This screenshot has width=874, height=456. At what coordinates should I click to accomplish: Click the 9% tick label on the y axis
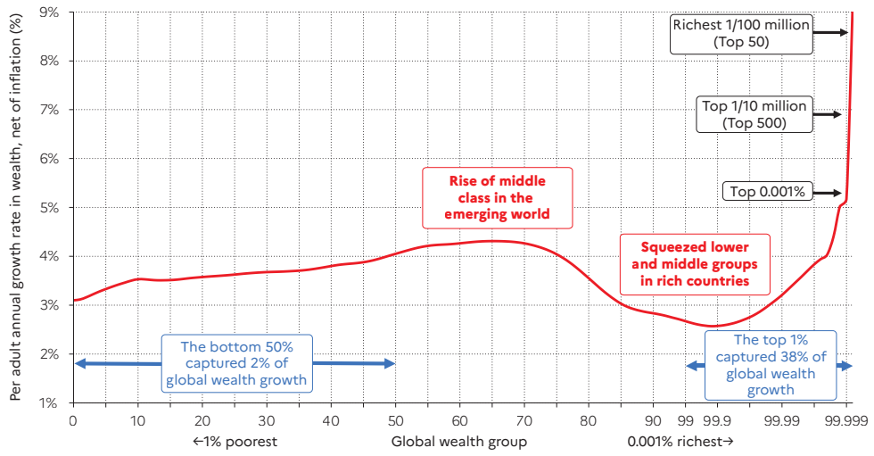click(x=47, y=12)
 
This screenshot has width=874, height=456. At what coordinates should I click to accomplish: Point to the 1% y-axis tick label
click(x=47, y=402)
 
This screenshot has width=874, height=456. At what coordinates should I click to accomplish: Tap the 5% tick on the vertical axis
click(x=47, y=207)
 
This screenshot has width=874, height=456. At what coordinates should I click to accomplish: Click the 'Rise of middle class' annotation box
click(x=497, y=197)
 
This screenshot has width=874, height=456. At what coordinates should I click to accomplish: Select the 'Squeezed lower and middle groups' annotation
click(x=696, y=264)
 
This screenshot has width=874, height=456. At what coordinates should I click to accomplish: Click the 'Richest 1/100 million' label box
click(x=741, y=33)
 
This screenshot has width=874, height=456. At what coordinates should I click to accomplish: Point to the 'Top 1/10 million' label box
click(x=754, y=114)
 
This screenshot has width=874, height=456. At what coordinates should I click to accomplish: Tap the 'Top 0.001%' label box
click(x=767, y=192)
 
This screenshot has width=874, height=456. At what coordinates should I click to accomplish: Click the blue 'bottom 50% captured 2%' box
click(x=236, y=363)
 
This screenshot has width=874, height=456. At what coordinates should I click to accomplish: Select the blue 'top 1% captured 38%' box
click(x=770, y=363)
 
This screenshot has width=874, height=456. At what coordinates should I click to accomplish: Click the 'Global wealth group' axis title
click(x=458, y=441)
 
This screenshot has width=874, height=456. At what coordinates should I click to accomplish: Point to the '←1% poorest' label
click(x=235, y=441)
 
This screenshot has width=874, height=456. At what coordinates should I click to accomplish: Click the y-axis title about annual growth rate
click(x=15, y=212)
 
